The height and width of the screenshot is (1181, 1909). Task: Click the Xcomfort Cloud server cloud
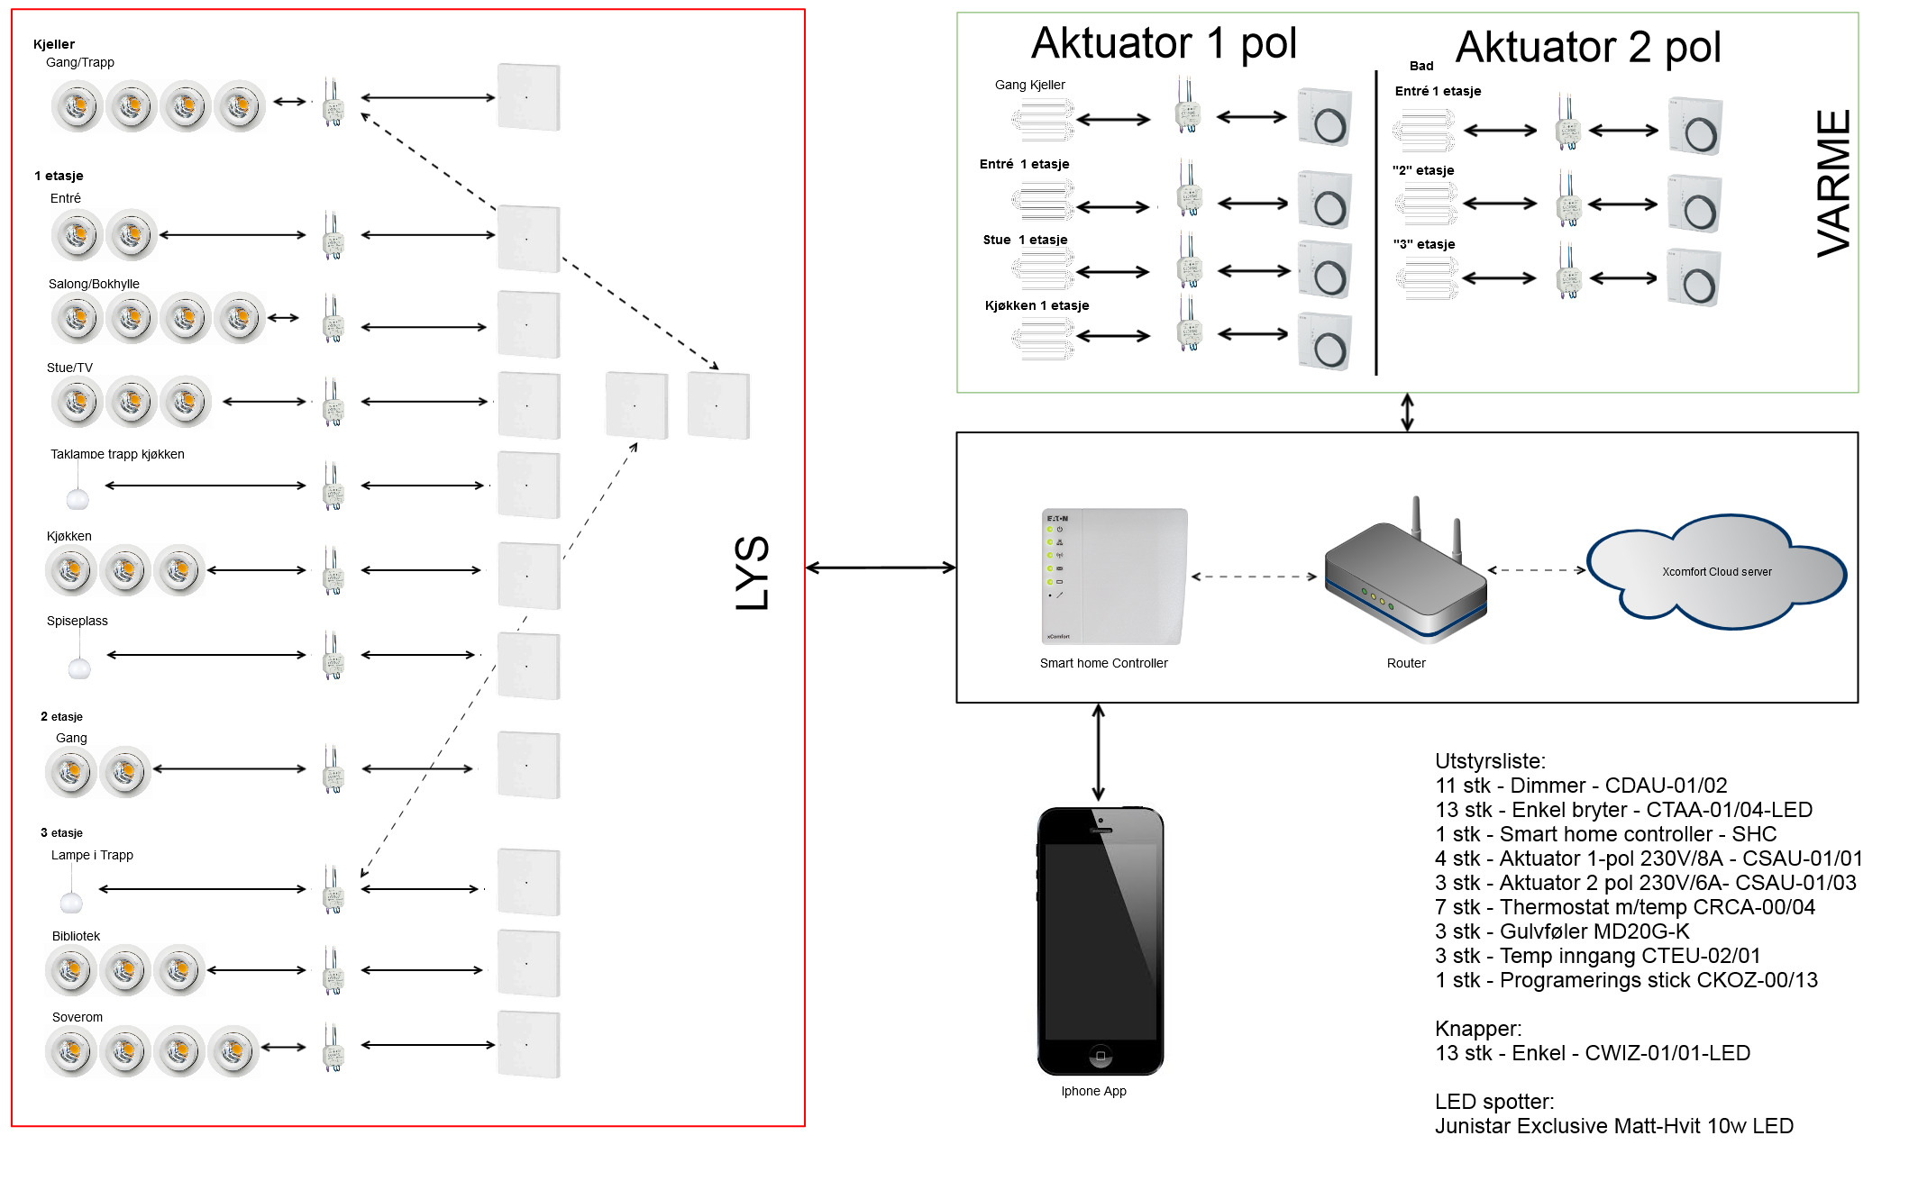[1716, 571]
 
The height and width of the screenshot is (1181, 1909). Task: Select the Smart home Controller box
[1114, 576]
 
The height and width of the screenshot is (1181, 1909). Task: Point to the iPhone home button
[1100, 1055]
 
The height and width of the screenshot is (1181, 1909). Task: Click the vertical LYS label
[752, 573]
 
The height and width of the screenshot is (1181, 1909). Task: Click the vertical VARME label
[1833, 183]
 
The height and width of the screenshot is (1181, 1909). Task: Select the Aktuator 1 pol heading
[1164, 43]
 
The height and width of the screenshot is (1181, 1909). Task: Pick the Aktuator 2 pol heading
[1588, 47]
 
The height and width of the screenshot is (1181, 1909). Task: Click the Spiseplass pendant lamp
[79, 667]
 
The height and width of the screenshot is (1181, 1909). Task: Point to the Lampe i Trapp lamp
[71, 901]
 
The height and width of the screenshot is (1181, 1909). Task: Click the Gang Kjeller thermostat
[1325, 117]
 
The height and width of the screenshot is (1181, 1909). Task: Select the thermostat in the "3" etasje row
[1695, 278]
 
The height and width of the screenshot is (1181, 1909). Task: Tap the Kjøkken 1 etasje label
[1037, 305]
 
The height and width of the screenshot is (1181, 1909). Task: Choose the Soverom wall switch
[529, 1045]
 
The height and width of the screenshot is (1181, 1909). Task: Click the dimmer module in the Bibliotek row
[333, 971]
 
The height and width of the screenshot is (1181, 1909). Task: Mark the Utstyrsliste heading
[1490, 761]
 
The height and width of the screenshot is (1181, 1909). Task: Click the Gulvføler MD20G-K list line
[1562, 931]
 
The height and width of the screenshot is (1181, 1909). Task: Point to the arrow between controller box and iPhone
[1099, 753]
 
